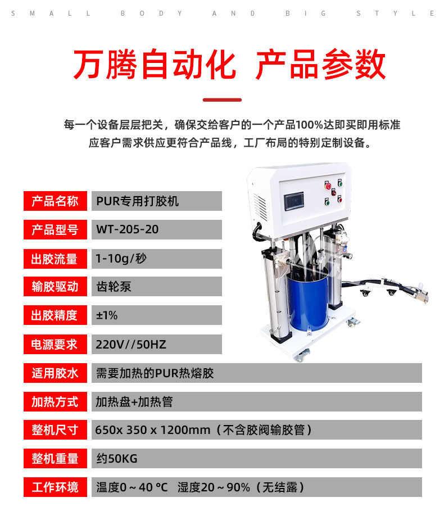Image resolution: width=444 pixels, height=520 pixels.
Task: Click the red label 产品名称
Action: pos(55,201)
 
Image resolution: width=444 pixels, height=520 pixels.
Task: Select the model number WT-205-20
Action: pos(128,229)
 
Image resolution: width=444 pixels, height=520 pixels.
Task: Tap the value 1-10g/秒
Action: pos(121,259)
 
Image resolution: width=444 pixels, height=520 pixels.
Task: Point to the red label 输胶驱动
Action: pos(55,287)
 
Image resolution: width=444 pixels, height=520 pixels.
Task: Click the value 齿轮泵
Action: pos(114,287)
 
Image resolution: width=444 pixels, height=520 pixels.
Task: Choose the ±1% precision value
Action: pos(107,315)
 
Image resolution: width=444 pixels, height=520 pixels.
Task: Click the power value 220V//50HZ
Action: pos(131,345)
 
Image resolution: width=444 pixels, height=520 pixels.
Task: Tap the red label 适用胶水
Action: pos(55,373)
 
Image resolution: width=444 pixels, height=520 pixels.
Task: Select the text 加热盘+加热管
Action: pos(134,402)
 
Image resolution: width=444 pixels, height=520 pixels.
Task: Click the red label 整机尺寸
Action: pos(55,430)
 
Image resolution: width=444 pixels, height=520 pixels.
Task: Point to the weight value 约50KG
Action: pos(117,459)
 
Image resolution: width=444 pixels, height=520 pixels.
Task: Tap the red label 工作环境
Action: pos(55,487)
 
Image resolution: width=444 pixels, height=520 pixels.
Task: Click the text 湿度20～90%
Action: pos(214,487)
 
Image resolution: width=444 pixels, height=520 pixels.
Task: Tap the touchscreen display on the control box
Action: pos(294,201)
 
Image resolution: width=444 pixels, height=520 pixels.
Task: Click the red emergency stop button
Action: pos(328,186)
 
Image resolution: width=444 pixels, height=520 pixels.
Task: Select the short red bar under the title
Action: pos(222,100)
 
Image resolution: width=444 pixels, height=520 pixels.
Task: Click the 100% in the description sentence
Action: pos(309,125)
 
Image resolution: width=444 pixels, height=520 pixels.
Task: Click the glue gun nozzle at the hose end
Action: pos(422,296)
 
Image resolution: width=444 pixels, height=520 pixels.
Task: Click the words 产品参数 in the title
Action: pos(321,64)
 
